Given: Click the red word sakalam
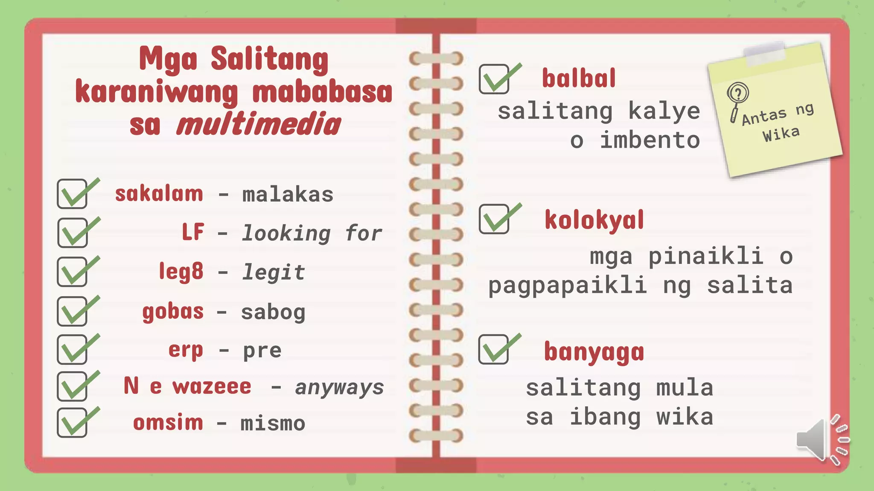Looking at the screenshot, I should click(159, 194).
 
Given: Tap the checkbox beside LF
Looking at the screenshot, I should click(73, 233).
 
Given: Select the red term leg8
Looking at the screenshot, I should click(181, 271).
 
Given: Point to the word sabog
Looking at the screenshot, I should click(273, 312).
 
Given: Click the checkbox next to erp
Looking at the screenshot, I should click(72, 349).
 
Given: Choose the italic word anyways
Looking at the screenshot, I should click(339, 387).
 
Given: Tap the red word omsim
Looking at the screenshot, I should click(168, 423).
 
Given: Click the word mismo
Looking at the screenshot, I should click(273, 424).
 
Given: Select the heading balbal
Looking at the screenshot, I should click(579, 78).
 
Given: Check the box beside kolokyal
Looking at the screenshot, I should click(494, 219).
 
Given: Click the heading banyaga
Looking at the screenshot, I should click(594, 352).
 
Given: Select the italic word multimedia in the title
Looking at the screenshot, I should click(259, 124).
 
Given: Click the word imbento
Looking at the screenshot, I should click(650, 140).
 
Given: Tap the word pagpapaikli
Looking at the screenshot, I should click(568, 285).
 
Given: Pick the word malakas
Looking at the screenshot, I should click(288, 195).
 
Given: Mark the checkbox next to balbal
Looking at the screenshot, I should click(494, 79).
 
